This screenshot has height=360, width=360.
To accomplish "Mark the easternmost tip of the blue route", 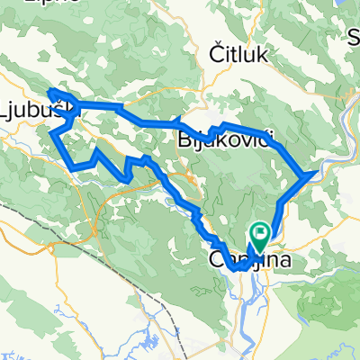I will tap(314, 171).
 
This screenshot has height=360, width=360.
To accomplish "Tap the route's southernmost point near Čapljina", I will tap(236, 268).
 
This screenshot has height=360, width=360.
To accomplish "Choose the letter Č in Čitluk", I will tap(216, 54).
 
